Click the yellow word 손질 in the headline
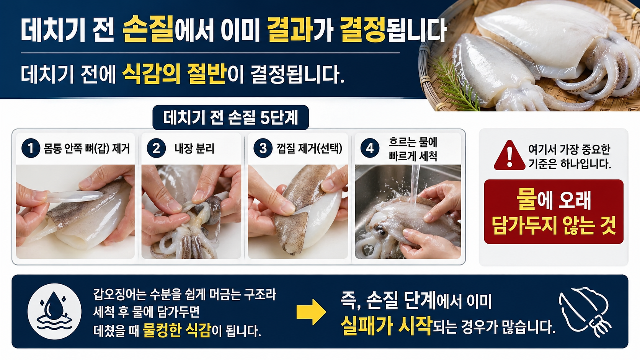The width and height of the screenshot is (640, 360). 148,30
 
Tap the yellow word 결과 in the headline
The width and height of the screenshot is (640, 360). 289,30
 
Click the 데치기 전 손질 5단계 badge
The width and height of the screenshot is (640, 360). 230,117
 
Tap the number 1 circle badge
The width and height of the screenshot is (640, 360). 31,148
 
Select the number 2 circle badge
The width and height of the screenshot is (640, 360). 156,148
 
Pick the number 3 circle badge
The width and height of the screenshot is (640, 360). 263,148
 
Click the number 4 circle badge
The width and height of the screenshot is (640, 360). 370,148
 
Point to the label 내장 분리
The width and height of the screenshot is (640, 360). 194,148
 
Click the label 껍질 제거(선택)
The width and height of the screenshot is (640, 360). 309,148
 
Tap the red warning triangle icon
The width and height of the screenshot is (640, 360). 509,156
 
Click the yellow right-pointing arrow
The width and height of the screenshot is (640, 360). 311,312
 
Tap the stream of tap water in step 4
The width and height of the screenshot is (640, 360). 414,186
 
